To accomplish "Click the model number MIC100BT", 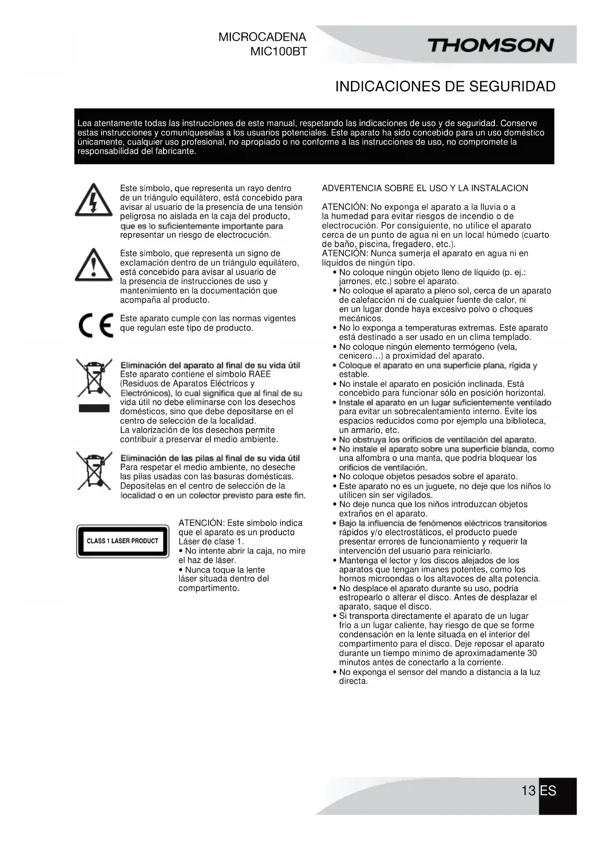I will click(x=278, y=52).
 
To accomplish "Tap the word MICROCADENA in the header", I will click(x=262, y=37).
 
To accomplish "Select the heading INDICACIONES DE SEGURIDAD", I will click(x=445, y=87).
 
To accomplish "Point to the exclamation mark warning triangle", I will click(x=93, y=265).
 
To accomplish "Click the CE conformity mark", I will click(x=95, y=325).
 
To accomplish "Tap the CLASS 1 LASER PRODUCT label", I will click(x=122, y=541).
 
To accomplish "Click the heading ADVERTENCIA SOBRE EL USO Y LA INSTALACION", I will click(x=425, y=188).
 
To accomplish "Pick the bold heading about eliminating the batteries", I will click(x=210, y=458).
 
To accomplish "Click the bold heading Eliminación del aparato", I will click(x=210, y=365).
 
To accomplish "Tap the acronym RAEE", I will click(x=259, y=374).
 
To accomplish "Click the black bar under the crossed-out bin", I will click(x=94, y=409).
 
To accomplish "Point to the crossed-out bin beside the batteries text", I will click(x=94, y=469).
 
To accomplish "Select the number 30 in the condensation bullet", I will click(x=532, y=653).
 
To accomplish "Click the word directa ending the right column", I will click(x=353, y=681).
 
